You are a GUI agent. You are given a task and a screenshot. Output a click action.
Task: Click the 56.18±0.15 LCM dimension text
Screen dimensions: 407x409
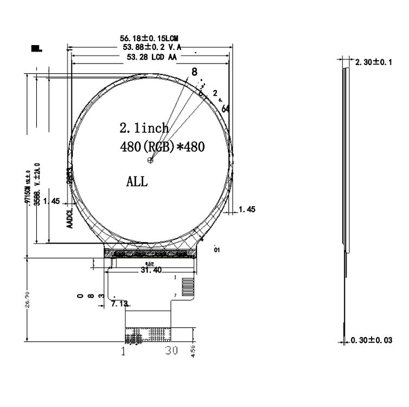point(149,39)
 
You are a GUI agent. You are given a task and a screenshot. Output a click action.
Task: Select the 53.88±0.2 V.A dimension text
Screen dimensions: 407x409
point(151,47)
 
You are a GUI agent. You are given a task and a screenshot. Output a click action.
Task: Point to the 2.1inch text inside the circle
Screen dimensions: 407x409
point(144,129)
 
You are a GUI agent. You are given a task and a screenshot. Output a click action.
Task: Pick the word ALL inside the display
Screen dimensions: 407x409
point(136,181)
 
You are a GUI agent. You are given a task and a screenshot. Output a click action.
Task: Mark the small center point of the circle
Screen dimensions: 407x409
point(151,160)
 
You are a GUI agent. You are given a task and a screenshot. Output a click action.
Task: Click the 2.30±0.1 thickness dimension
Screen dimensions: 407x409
point(373,62)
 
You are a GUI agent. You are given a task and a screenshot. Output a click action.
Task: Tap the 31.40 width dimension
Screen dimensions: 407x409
point(151,270)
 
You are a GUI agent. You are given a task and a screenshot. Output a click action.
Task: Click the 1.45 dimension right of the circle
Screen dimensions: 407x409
point(247,209)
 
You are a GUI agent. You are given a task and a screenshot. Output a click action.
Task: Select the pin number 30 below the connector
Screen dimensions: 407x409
point(171,351)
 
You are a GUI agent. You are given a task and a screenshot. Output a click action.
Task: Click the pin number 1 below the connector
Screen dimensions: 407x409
point(123,351)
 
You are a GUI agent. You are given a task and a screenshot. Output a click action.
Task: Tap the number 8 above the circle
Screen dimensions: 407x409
point(194,71)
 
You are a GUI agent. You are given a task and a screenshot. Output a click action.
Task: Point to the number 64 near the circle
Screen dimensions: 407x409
point(226,109)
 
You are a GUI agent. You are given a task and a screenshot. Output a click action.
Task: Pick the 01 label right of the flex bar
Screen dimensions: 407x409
point(217,250)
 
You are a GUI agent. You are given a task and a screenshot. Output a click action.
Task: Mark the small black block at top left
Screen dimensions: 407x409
point(37,49)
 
